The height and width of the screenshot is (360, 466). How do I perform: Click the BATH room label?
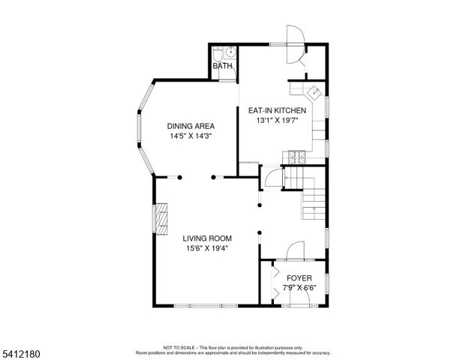(222, 67)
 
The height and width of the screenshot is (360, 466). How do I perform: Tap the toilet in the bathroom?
(217, 53)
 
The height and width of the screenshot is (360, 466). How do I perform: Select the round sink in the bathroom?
(231, 52)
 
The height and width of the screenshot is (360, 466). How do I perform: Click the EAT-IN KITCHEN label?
(277, 110)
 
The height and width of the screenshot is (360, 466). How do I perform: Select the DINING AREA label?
(191, 126)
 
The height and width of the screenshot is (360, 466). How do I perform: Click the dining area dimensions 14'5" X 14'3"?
(191, 136)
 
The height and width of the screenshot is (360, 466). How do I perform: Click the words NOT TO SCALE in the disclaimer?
(179, 347)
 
